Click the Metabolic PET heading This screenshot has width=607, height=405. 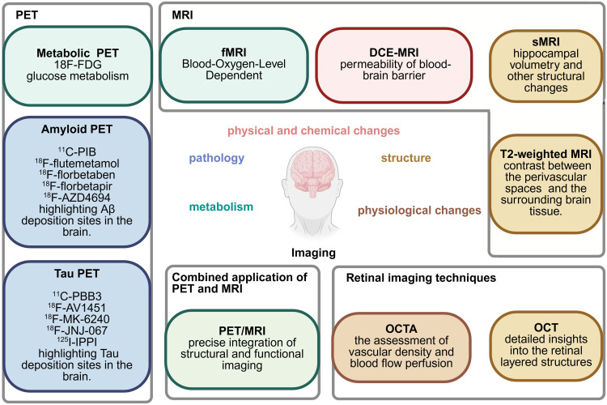tap(77, 53)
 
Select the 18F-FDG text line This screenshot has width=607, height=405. tap(77, 66)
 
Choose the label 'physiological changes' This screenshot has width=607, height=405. tap(420, 211)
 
